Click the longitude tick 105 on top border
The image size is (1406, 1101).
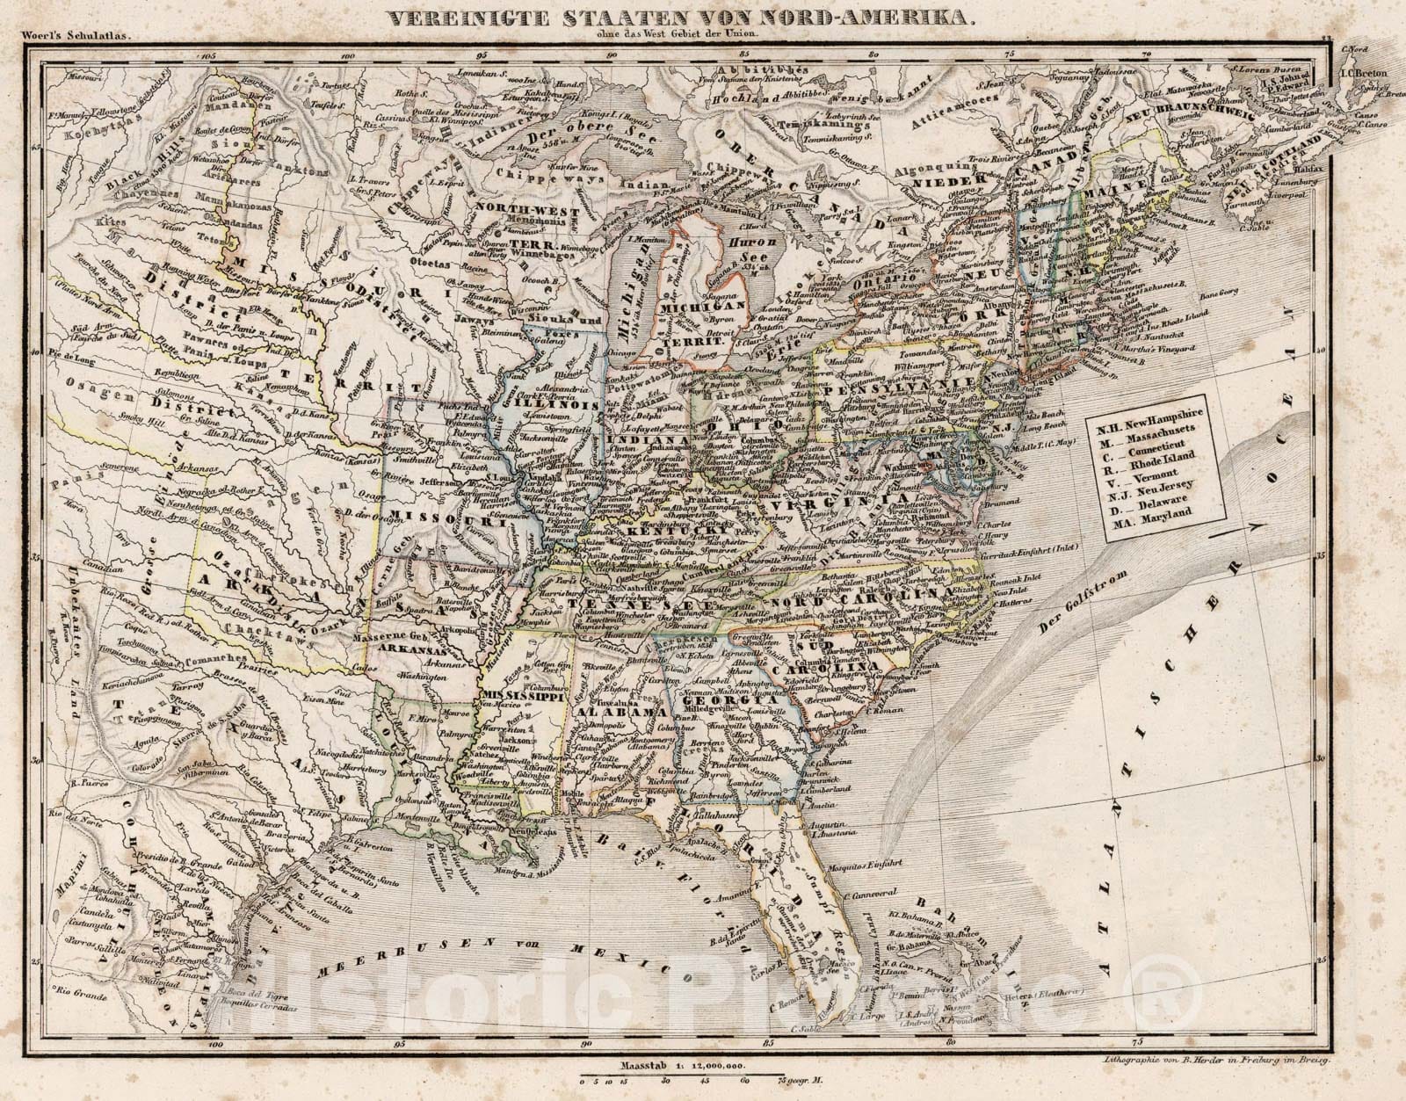[x=208, y=55]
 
